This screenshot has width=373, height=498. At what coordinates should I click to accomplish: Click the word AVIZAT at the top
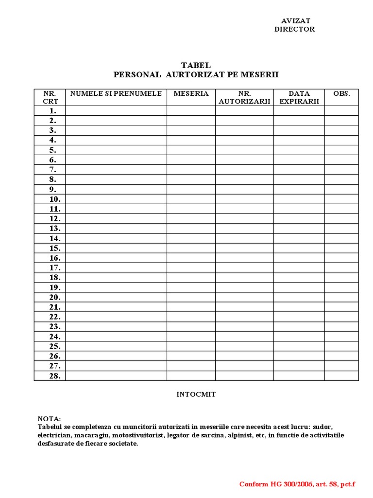[x=296, y=20]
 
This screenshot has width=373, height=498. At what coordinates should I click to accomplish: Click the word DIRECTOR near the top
[x=294, y=29]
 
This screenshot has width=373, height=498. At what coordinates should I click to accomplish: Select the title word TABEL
[x=196, y=66]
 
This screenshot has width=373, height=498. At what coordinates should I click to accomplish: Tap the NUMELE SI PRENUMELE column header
[x=116, y=93]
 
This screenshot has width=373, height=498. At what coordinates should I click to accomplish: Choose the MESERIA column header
[x=191, y=93]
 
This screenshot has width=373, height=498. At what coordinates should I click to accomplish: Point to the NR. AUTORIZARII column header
[x=244, y=97]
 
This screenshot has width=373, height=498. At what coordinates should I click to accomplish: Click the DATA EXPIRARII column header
[x=299, y=97]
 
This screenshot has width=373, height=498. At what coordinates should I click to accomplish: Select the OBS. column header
[x=341, y=93]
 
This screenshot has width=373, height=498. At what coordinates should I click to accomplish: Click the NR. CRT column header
[x=50, y=97]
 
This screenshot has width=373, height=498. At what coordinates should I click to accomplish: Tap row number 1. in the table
[x=52, y=111]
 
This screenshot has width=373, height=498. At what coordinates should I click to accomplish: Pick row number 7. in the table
[x=52, y=170]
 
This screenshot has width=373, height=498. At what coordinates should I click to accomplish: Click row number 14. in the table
[x=54, y=238]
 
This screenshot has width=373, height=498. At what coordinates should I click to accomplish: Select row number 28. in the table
[x=54, y=376]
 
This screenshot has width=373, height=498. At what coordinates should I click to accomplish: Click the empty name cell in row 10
[x=116, y=199]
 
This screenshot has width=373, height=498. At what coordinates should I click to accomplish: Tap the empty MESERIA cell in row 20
[x=191, y=297]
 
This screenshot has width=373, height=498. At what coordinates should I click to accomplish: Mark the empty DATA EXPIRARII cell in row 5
[x=299, y=150]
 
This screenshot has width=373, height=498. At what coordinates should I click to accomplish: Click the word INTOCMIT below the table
[x=196, y=394]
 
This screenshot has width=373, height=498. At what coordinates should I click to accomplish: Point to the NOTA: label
[x=50, y=419]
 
